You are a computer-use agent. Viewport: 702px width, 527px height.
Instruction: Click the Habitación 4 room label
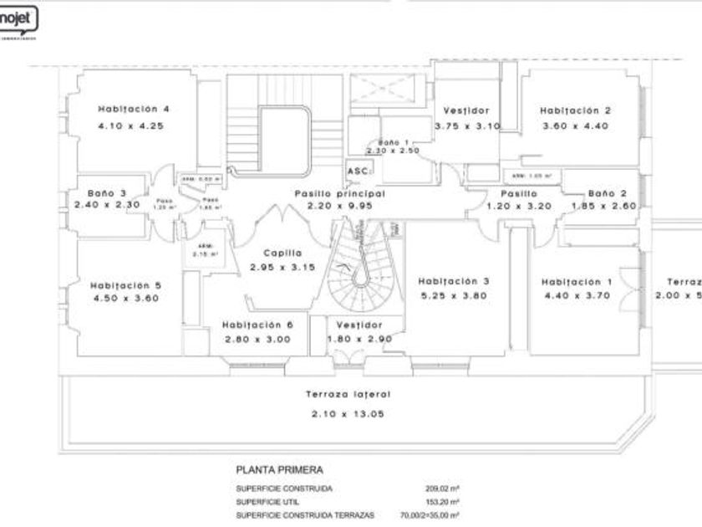pyautogui.click(x=134, y=109)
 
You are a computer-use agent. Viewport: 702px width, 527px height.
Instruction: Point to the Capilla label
pyautogui.click(x=282, y=253)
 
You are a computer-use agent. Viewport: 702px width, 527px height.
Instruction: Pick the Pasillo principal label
pyautogui.click(x=333, y=193)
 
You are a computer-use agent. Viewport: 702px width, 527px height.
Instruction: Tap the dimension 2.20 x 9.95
pyautogui.click(x=333, y=205)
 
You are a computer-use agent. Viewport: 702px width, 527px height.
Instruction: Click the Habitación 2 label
pyautogui.click(x=575, y=110)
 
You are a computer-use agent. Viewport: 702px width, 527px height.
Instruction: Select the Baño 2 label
pyautogui.click(x=607, y=193)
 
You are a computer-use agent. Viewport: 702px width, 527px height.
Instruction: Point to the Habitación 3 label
pyautogui.click(x=454, y=282)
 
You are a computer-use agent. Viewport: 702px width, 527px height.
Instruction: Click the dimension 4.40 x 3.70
pyautogui.click(x=577, y=295)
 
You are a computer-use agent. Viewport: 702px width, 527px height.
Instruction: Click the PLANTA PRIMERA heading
pyautogui.click(x=279, y=471)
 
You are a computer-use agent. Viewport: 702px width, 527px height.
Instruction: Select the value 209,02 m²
pyautogui.click(x=443, y=489)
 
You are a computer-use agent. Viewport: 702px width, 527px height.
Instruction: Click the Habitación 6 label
pyautogui.click(x=257, y=325)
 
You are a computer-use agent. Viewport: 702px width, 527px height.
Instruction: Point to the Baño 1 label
pyautogui.click(x=394, y=143)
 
